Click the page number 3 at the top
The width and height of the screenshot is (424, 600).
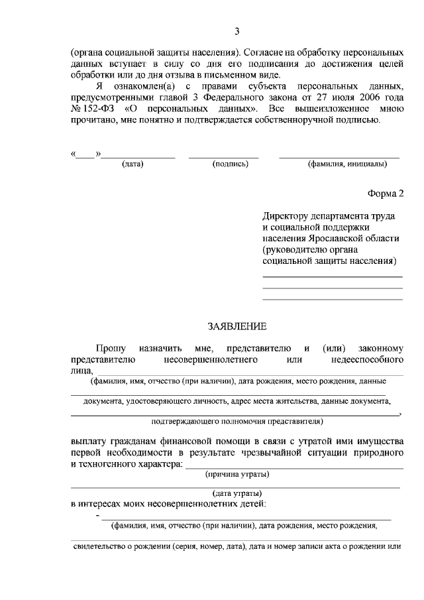click(237, 31)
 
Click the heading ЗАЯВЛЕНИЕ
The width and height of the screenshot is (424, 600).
click(237, 326)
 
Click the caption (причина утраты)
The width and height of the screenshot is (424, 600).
click(237, 474)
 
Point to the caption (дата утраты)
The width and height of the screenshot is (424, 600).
click(237, 493)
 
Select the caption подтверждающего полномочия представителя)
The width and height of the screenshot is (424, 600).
click(237, 420)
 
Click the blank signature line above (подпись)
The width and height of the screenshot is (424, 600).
click(223, 157)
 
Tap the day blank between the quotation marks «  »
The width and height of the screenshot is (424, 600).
click(85, 156)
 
